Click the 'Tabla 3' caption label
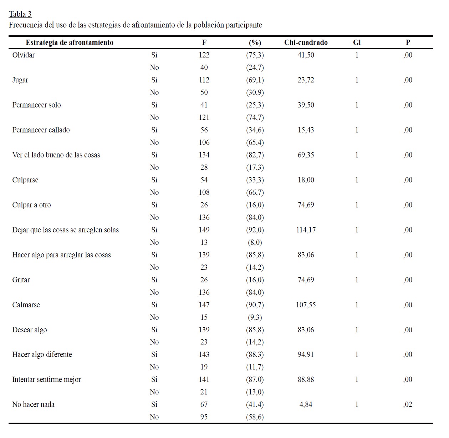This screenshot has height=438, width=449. coord(20,14)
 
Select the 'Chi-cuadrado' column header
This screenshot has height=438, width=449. coord(306,42)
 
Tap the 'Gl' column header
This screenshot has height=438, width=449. coord(357,42)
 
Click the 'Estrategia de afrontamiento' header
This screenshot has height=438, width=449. coord(70,42)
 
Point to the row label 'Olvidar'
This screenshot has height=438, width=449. coord(24,55)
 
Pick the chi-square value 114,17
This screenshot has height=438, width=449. coord(306,230)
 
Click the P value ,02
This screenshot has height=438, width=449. coord(408,404)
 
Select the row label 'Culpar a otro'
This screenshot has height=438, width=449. coord(31,205)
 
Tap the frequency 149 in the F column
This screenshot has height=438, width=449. coord(204,230)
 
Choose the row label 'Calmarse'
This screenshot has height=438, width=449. coord(26,305)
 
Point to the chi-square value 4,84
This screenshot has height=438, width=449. coord(306,404)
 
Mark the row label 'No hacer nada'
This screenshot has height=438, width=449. coord(33,404)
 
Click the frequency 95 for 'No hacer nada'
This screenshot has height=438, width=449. coord(204,417)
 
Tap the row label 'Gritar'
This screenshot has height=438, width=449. coord(21,280)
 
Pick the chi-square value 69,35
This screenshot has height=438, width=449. coord(306,155)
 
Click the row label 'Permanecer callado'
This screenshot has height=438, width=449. coord(41,130)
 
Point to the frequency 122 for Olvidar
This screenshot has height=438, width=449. coord(204,55)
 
